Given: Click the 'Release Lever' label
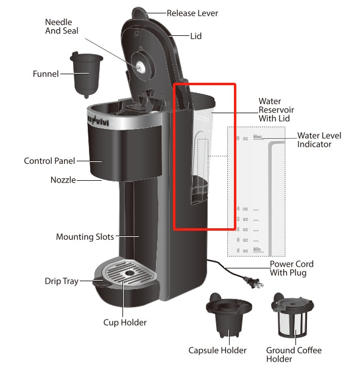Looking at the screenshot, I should pos(192,13).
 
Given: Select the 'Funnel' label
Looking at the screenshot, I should pos(46,74).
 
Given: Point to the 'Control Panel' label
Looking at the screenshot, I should pos(49,161).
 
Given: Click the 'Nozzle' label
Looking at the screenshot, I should pos(63,180).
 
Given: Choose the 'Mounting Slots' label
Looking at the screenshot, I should pos(85,237).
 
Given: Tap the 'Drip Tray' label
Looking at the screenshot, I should pos(62,281).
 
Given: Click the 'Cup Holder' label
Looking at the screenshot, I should pos(125,322).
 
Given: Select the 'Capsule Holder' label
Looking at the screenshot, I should pos(217,350).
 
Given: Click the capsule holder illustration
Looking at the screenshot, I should pos(228,313).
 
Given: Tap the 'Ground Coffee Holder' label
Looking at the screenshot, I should pos(294,354).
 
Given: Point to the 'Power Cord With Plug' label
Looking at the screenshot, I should pos(291,268).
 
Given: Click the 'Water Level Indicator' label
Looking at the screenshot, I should pos(319,140).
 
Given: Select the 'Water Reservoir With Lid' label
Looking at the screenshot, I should pos(276,110).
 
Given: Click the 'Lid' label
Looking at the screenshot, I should pos(196,36).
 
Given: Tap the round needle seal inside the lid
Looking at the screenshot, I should pos(141,66).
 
